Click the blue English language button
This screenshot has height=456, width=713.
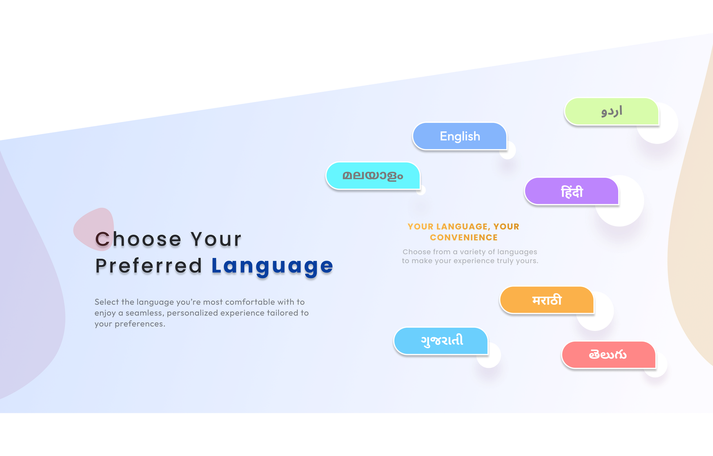(x=459, y=136)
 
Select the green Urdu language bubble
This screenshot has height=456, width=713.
(x=611, y=111)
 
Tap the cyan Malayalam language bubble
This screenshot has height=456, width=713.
(x=373, y=175)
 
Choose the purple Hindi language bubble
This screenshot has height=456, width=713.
(x=572, y=191)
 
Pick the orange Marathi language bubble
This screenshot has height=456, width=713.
(x=547, y=300)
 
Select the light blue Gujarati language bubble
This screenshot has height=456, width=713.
(x=441, y=341)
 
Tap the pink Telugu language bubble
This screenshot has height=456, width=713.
(x=609, y=354)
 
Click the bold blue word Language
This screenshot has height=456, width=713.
(x=272, y=266)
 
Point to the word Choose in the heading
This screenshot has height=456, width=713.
(x=138, y=239)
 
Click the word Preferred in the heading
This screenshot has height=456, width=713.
(x=149, y=266)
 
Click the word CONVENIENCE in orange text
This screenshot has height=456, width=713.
(x=464, y=237)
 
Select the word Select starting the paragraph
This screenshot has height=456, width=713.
(x=107, y=302)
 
